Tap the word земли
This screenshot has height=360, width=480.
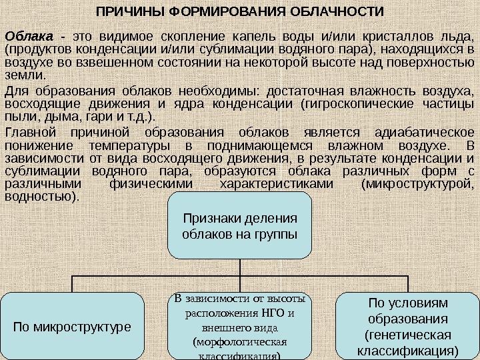click(x=20, y=75)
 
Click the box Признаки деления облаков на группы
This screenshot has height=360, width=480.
click(x=239, y=225)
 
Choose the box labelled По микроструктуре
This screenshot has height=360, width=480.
click(x=73, y=327)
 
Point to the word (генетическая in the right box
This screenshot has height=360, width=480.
click(x=407, y=335)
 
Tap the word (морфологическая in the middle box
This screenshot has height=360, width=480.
click(x=239, y=342)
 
